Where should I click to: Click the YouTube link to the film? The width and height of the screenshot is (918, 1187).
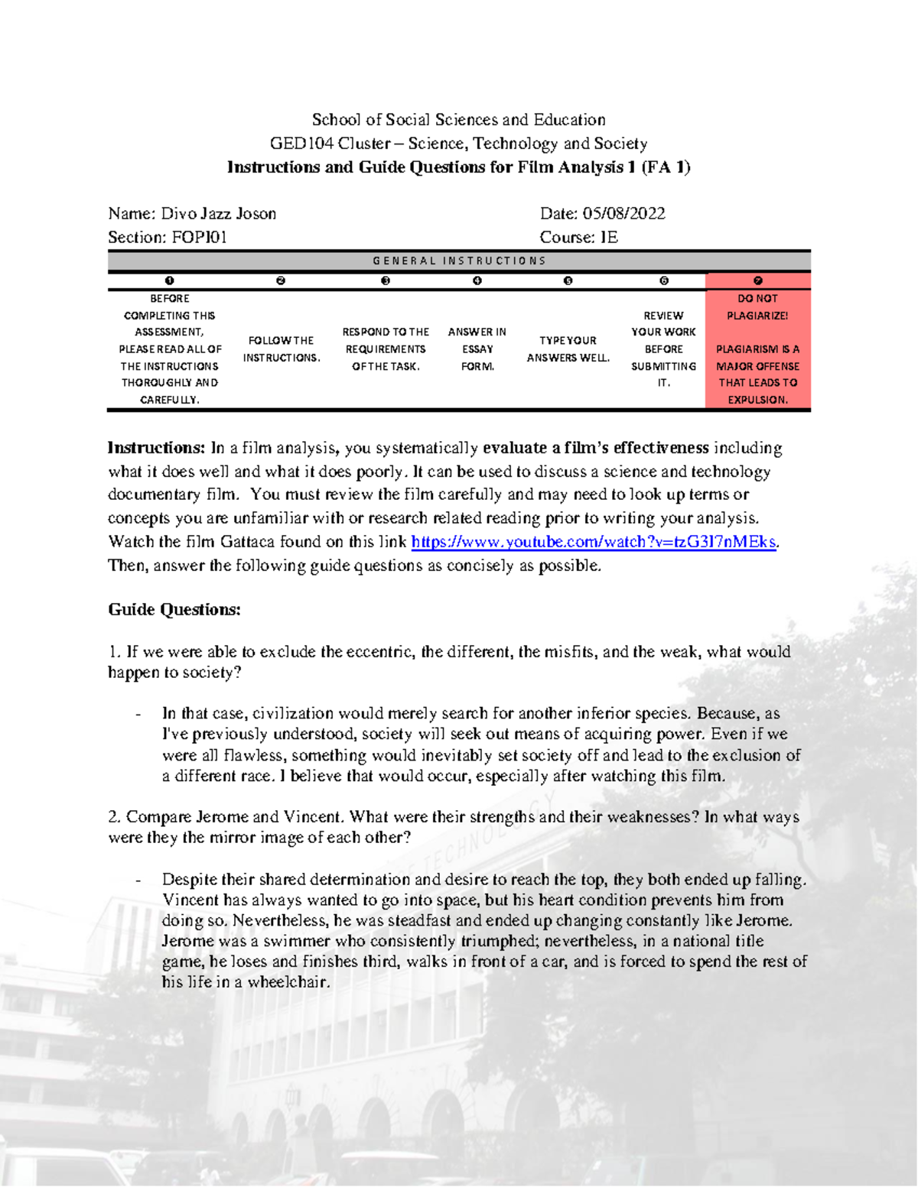coord(594,542)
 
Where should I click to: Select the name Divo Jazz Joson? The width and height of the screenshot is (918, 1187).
coord(218,213)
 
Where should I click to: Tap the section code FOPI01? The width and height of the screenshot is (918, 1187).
coord(199,237)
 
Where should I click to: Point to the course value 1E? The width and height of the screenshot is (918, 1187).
coord(608,237)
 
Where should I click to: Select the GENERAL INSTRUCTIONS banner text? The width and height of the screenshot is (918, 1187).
coord(459,261)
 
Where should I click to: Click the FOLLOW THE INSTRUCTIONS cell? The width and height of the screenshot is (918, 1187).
coord(281,349)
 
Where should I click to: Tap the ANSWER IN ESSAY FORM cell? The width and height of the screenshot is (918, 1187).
coord(477,349)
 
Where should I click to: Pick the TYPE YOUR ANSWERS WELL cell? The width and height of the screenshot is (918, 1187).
coord(568,349)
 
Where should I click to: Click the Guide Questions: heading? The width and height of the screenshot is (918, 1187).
coord(174,609)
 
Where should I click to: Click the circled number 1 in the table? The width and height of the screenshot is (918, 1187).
coord(169,281)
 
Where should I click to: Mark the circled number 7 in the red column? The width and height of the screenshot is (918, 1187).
coord(757,281)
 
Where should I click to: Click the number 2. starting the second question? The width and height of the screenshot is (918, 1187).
coord(115,817)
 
